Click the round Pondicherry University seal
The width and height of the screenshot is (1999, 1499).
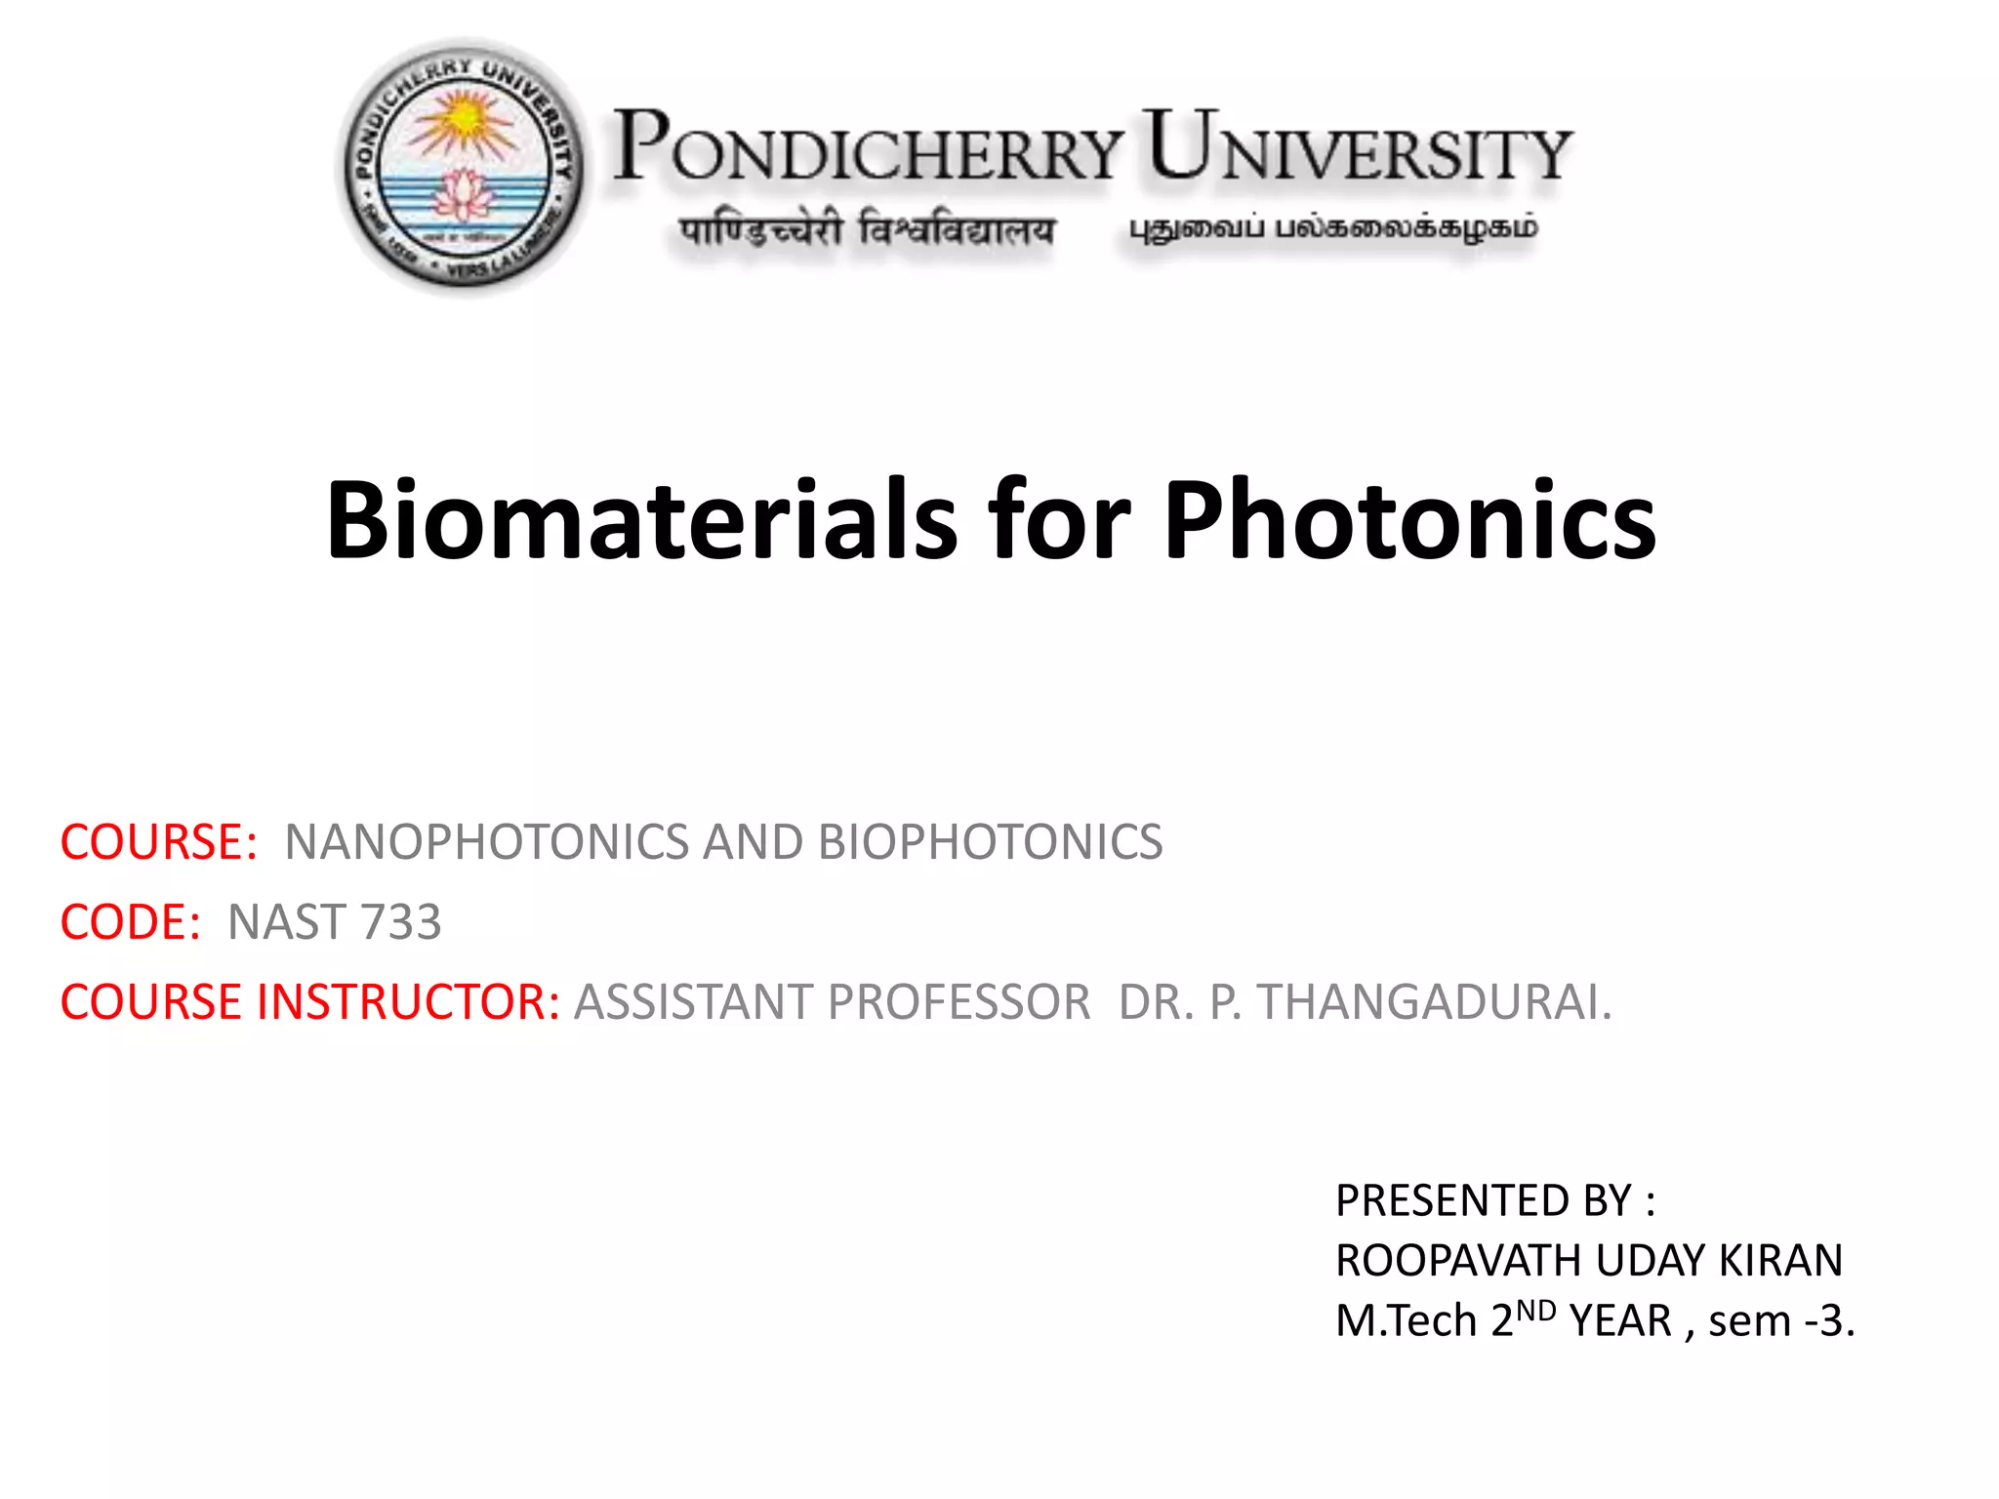462,166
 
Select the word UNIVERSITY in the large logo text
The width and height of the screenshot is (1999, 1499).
1358,148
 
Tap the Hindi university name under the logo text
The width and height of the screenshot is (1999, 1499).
867,231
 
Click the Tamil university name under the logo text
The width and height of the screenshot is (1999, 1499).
1332,229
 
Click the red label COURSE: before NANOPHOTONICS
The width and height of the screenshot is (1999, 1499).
158,842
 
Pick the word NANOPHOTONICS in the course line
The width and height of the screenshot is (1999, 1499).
486,842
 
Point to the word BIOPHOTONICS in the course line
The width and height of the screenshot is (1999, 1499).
990,842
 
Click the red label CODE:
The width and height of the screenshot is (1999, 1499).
130,922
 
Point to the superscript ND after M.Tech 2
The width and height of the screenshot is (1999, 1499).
1536,1310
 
